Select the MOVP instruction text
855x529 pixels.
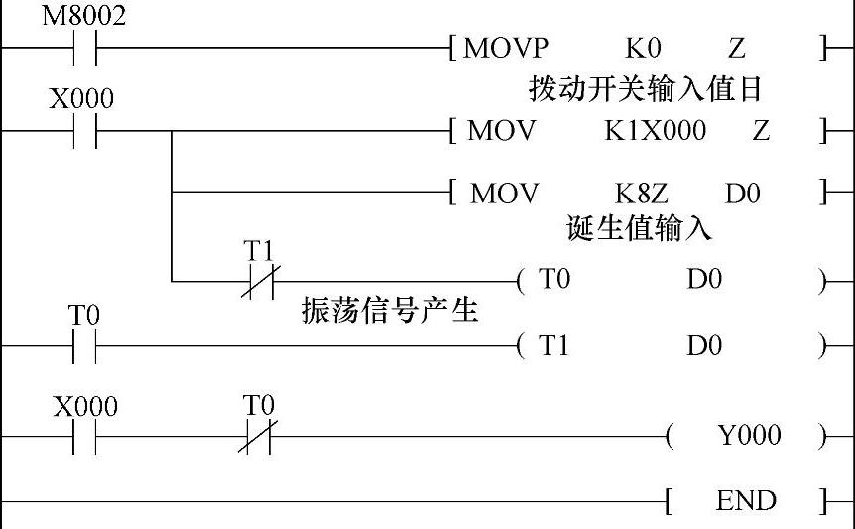pyautogui.click(x=506, y=48)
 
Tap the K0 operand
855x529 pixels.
pyautogui.click(x=643, y=48)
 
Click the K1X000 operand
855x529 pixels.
pyautogui.click(x=656, y=130)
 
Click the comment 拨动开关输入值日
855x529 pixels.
pyautogui.click(x=645, y=89)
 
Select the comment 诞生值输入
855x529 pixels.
pyautogui.click(x=639, y=229)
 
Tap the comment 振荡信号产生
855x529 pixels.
pyautogui.click(x=390, y=311)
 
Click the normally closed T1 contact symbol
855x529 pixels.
pyautogui.click(x=257, y=282)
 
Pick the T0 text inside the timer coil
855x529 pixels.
pyautogui.click(x=554, y=281)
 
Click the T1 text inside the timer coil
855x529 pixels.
pyautogui.click(x=554, y=345)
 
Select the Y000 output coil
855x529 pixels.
pyautogui.click(x=748, y=435)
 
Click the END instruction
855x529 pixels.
pyautogui.click(x=746, y=501)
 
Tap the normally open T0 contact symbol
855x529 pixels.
pyautogui.click(x=84, y=346)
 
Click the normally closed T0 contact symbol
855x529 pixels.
pyautogui.click(x=258, y=436)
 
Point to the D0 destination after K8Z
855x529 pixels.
pyautogui.click(x=742, y=193)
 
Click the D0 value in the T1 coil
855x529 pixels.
pyautogui.click(x=704, y=345)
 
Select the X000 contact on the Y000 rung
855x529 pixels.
pyautogui.click(x=84, y=436)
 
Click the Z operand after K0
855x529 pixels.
pyautogui.click(x=736, y=48)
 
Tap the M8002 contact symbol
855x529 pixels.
pyautogui.click(x=84, y=47)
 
